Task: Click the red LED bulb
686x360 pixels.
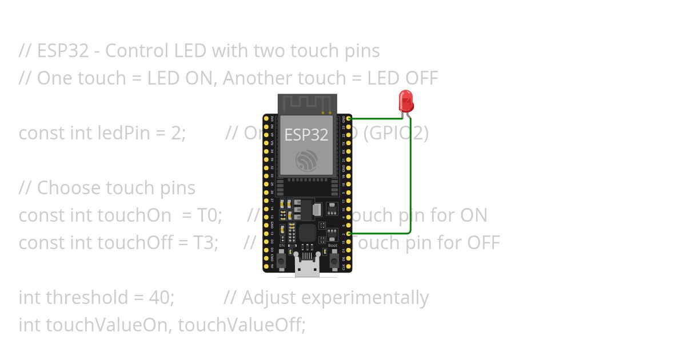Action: pyautogui.click(x=406, y=101)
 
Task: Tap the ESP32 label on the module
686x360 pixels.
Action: pyautogui.click(x=306, y=134)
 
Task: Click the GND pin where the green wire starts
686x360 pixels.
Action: pyautogui.click(x=349, y=118)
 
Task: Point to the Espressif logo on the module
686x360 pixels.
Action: pyautogui.click(x=306, y=161)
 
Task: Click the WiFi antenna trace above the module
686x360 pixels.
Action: pyautogui.click(x=307, y=103)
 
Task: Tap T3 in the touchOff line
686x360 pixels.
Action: pyautogui.click(x=206, y=243)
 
